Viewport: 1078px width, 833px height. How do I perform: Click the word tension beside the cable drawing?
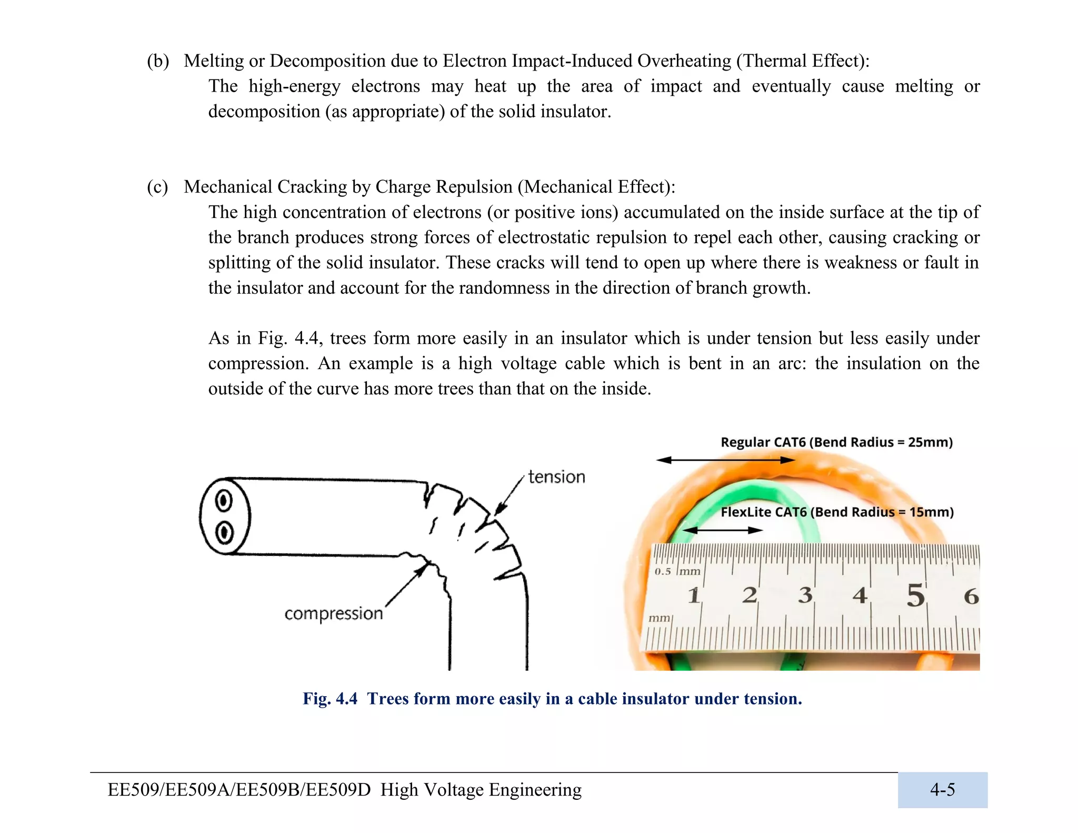(556, 477)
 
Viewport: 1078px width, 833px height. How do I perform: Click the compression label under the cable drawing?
(333, 613)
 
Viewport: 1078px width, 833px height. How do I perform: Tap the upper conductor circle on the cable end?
(224, 501)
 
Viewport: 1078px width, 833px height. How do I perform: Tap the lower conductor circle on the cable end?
(224, 532)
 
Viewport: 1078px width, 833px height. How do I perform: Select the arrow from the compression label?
(405, 586)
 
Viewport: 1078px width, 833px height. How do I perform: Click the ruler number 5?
(915, 595)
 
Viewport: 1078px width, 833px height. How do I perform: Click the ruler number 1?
(694, 596)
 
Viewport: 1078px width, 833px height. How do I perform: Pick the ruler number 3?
(805, 595)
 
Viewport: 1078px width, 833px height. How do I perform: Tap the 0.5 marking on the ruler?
(663, 572)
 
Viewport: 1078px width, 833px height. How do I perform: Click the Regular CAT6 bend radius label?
(836, 442)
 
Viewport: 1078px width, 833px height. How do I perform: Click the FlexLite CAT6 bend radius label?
(837, 512)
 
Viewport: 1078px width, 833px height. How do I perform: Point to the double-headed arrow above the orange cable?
(726, 460)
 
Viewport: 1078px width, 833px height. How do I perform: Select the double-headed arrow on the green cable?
(722, 530)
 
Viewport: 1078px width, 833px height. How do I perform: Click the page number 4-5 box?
(942, 790)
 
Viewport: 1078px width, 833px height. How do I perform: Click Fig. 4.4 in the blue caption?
(330, 699)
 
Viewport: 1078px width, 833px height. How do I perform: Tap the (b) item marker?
(158, 61)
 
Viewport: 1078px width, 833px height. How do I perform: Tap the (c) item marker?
(157, 187)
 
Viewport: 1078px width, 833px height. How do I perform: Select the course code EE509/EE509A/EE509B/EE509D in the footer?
(239, 790)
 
